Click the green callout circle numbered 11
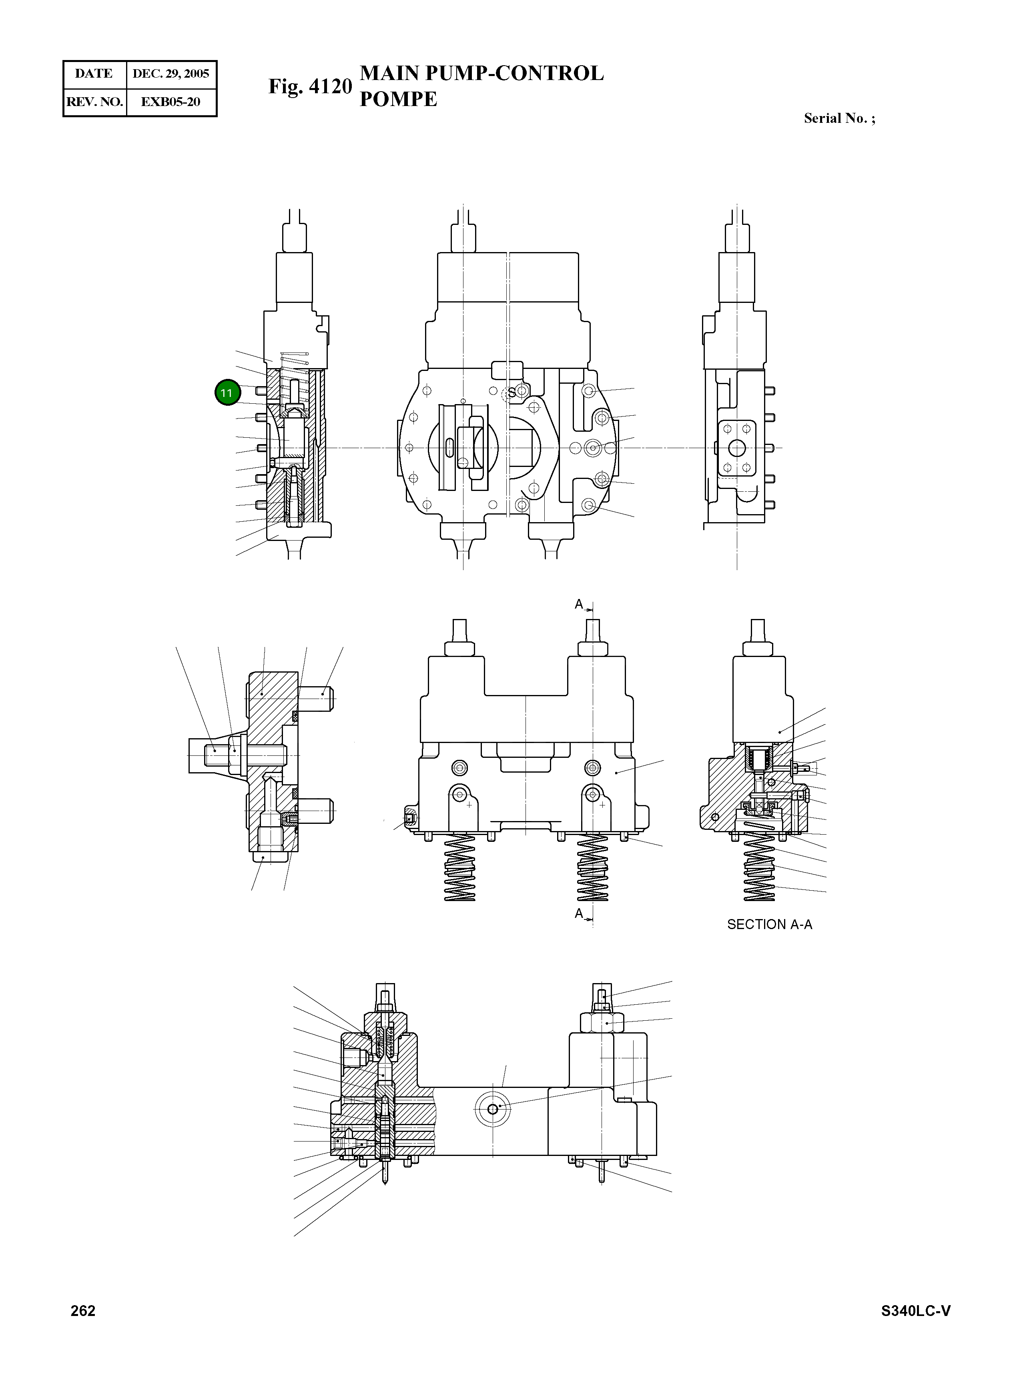pos(227,393)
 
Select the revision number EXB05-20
pos(171,102)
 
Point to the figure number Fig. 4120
pos(310,86)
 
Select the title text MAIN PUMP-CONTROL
pos(481,73)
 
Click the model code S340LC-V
pos(915,1310)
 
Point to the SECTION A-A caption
pos(769,925)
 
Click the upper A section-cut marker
pos(579,605)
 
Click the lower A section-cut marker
pos(579,913)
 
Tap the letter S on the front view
pos(512,393)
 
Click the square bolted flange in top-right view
pos(737,449)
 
